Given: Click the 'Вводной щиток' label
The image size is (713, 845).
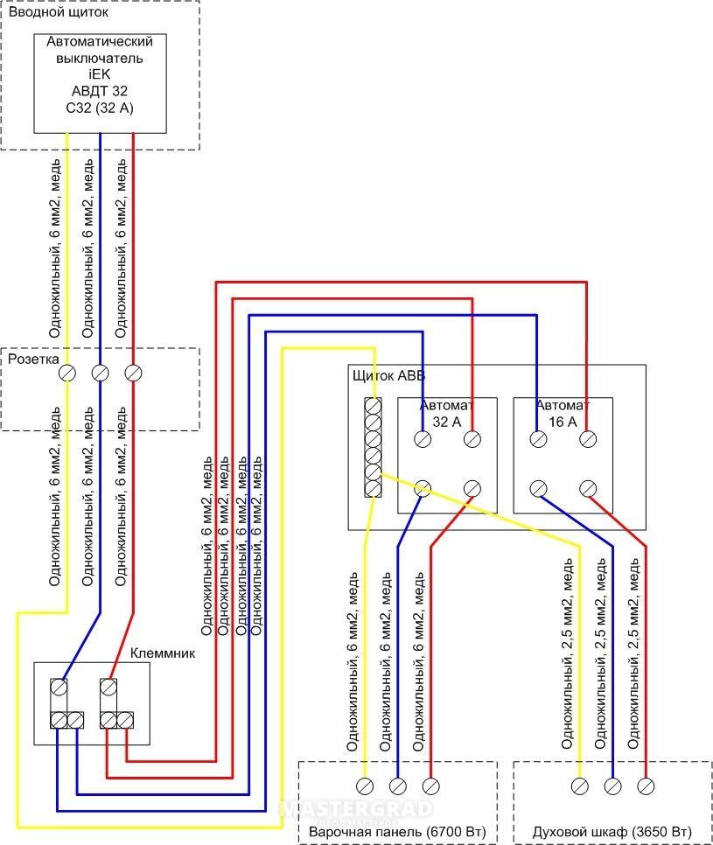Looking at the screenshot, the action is click(59, 12).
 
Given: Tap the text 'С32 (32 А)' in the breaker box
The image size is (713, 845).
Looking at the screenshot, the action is click(100, 108).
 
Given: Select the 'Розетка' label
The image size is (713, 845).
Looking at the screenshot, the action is click(33, 360).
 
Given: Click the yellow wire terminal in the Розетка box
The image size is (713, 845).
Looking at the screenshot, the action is click(67, 373).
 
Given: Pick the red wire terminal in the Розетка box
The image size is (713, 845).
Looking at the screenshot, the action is click(133, 373).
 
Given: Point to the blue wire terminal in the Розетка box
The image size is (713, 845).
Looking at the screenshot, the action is click(101, 373).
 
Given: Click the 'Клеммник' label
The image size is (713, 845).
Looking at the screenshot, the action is click(163, 653).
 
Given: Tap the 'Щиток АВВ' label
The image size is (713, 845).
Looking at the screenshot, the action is click(388, 375).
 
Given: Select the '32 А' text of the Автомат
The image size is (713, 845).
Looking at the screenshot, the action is click(447, 422).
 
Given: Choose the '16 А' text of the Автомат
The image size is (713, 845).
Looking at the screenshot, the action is click(563, 422).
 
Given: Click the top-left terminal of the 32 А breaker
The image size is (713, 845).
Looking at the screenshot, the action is click(423, 439).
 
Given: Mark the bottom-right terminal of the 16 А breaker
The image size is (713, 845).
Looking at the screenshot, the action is click(588, 489).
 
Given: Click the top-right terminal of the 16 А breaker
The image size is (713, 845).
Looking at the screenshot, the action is click(588, 439).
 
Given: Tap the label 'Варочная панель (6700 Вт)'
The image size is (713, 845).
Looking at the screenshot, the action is click(397, 832).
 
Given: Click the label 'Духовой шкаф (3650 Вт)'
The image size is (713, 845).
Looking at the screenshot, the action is click(612, 832).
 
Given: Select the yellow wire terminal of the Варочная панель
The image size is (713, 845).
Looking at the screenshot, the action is click(365, 786).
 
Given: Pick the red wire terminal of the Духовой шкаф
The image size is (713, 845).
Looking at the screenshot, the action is click(646, 786).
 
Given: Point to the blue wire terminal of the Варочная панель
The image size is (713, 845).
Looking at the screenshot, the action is click(398, 786).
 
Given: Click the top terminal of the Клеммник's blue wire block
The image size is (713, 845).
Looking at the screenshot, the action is click(59, 687).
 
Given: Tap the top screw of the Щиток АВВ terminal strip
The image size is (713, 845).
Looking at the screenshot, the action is click(373, 405).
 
